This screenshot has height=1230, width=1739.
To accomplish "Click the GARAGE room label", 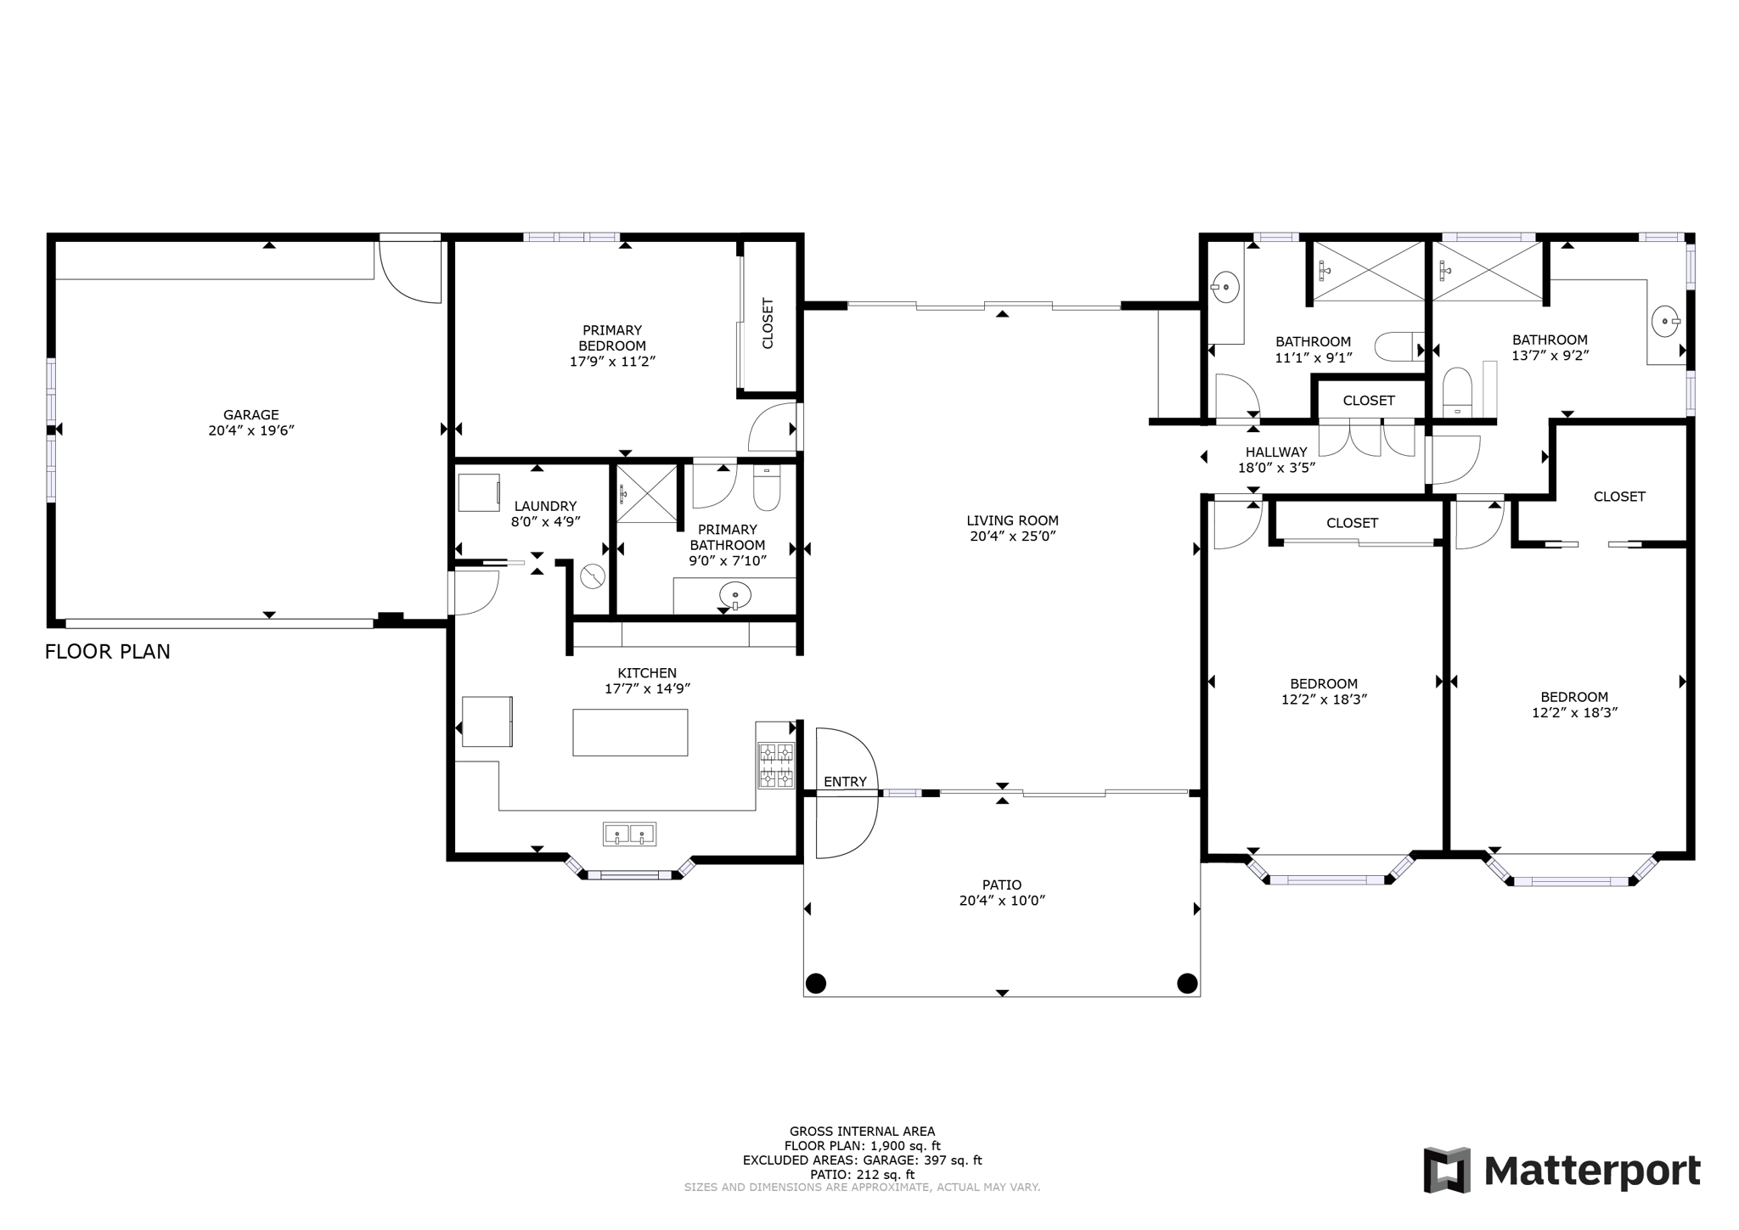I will pos(250,415).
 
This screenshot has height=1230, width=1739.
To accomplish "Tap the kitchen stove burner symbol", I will pos(776,765).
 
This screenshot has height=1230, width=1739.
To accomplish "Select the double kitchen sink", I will pos(629,834).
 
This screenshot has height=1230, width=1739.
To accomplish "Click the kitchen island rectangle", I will pos(630,732).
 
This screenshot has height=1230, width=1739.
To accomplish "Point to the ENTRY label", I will pos(845,782).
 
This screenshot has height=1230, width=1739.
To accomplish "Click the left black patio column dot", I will pos(815,983).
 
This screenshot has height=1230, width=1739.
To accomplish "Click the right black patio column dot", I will pos(1187,983).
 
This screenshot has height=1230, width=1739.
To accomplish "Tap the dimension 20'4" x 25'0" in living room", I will pos(1012,536).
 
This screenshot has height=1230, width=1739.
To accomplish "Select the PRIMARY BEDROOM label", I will pos(612,338).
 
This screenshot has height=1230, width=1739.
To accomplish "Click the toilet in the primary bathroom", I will pos(766,489).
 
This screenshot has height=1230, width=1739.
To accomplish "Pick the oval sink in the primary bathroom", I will pos(734,595).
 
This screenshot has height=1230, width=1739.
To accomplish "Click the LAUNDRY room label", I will pos(545,506).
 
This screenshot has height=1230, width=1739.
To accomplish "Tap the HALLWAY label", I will pos(1276,452).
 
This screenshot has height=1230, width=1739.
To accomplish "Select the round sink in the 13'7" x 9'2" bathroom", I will pos(1665,321).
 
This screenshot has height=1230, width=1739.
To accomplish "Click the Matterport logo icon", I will pos(1447,1170).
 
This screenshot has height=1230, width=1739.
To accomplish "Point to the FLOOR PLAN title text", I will pos(108,652).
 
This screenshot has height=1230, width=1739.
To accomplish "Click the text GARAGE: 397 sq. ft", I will pos(922,1160).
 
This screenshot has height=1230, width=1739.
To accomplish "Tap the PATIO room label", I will pos(1002,885).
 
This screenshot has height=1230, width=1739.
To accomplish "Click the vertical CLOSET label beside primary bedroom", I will pos(768,323).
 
